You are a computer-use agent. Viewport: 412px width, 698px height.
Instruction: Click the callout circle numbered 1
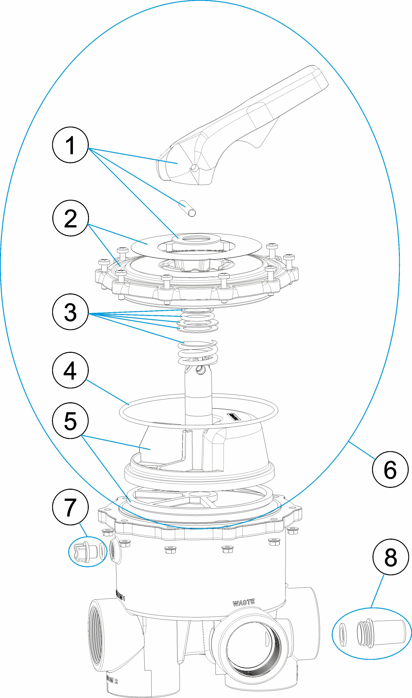pyautogui.click(x=70, y=145)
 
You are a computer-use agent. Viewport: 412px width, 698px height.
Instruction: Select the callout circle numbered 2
pyautogui.click(x=70, y=218)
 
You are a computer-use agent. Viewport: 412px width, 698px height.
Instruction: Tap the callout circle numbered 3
pyautogui.click(x=70, y=312)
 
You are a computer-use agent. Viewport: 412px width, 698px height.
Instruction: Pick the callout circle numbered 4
pyautogui.click(x=70, y=370)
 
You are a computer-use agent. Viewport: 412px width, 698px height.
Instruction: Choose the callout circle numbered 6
pyautogui.click(x=390, y=469)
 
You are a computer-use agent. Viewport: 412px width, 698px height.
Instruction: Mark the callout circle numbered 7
pyautogui.click(x=70, y=507)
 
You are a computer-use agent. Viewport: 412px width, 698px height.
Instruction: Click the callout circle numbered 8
pyautogui.click(x=391, y=557)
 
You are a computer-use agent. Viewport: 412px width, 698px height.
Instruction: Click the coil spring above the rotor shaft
pyautogui.click(x=198, y=352)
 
